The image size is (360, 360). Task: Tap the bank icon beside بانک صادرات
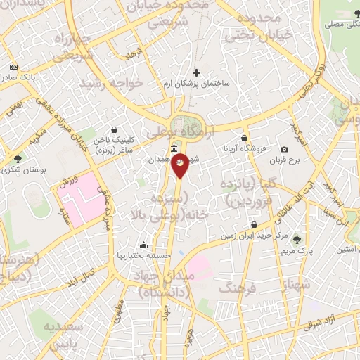[x=12, y=67]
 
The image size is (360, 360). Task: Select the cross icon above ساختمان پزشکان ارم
[x=196, y=72]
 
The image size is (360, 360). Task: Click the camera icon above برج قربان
[x=284, y=149]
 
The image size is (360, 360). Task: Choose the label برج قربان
[x=285, y=160]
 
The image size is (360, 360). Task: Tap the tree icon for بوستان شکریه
[x=18, y=158]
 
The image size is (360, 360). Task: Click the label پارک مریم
[x=296, y=250]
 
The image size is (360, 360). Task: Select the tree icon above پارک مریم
[x=296, y=239]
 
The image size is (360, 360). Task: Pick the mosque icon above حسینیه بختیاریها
[x=143, y=245]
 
